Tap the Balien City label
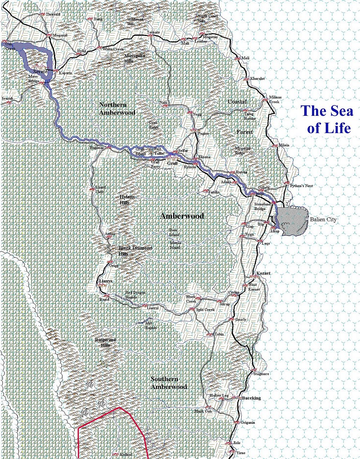(x=323, y=219)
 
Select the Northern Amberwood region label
(x=117, y=109)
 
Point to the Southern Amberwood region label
(x=168, y=383)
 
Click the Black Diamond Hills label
(x=135, y=251)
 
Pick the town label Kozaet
(x=263, y=273)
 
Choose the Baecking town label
(x=251, y=398)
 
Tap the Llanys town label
(x=105, y=281)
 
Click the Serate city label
(x=40, y=72)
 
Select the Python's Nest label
(x=302, y=186)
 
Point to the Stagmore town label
(x=261, y=374)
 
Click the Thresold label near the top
(x=53, y=14)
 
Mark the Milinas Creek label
(x=275, y=99)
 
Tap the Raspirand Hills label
(x=105, y=342)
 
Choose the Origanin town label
(x=248, y=422)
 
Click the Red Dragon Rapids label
(x=135, y=295)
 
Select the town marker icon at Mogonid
(x=49, y=35)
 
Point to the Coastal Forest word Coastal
(x=237, y=102)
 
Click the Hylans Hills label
(x=127, y=200)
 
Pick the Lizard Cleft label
(x=99, y=190)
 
